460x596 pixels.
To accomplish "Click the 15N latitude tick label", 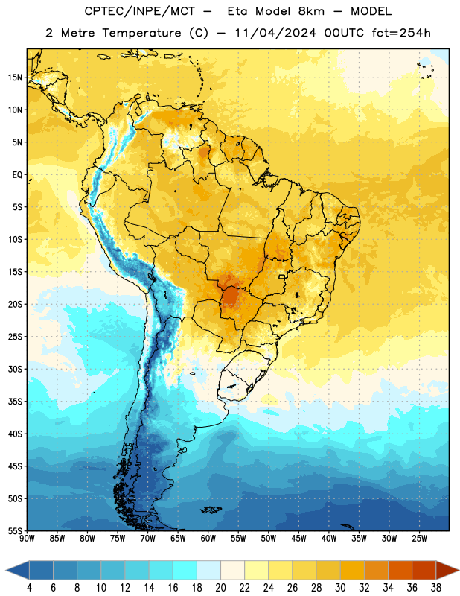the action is [15, 77].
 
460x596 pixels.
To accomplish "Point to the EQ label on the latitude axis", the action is [17, 175].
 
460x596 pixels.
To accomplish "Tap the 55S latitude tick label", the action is [15, 530].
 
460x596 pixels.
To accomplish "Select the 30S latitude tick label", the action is [15, 369].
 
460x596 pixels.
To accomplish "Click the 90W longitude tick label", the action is [27, 539].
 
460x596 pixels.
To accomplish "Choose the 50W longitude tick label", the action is [269, 539].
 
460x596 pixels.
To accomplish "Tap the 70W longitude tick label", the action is [148, 539].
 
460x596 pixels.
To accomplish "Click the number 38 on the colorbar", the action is [436, 588].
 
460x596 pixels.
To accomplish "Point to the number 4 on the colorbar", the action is [29, 588].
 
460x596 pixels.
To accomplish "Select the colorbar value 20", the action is [220, 588].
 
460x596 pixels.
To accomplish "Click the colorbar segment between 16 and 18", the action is [185, 571].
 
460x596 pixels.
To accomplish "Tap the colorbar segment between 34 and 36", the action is [400, 571].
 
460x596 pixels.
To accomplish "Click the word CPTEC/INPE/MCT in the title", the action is [140, 11].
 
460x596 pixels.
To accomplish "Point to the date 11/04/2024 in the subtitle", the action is [275, 33].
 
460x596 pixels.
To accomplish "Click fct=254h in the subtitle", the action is [401, 33].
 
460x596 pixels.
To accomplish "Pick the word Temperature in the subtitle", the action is [141, 33].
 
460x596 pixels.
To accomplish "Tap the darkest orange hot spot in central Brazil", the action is [230, 295].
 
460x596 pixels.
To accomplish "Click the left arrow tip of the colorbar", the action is [6, 571].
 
